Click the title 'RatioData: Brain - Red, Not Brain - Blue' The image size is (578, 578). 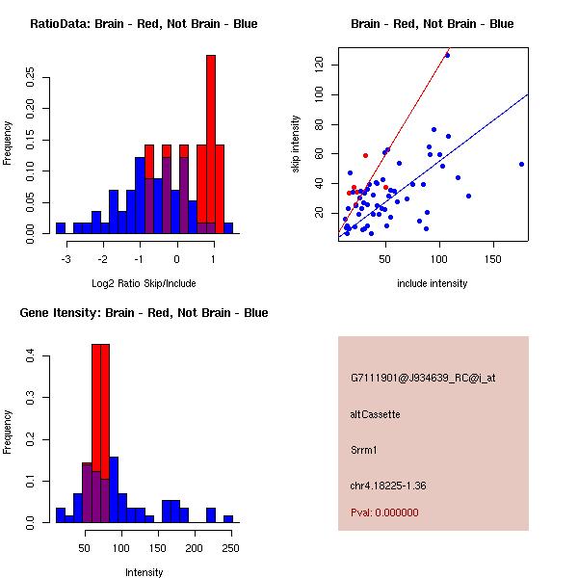click(x=144, y=24)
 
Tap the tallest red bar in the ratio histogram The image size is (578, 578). click(x=211, y=144)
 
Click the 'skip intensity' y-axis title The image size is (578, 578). click(x=297, y=144)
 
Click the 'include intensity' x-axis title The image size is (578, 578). click(x=433, y=283)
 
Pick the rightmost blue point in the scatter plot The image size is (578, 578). click(x=521, y=164)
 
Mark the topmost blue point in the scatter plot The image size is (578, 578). click(x=447, y=55)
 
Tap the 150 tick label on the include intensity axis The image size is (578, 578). click(x=493, y=259)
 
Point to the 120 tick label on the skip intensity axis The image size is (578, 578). click(x=319, y=65)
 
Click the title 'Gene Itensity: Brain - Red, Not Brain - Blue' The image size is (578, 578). click(x=144, y=313)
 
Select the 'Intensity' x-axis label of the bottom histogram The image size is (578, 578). click(x=144, y=572)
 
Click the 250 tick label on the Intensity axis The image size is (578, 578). click(x=230, y=548)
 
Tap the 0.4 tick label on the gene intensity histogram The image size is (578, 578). click(x=30, y=356)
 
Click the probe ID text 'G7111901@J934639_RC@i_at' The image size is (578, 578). click(x=423, y=379)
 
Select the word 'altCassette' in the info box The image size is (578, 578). click(x=376, y=414)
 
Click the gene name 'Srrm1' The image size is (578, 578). click(x=365, y=450)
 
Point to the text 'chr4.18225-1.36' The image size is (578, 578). click(x=388, y=486)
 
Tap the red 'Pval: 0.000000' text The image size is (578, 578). click(x=384, y=512)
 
